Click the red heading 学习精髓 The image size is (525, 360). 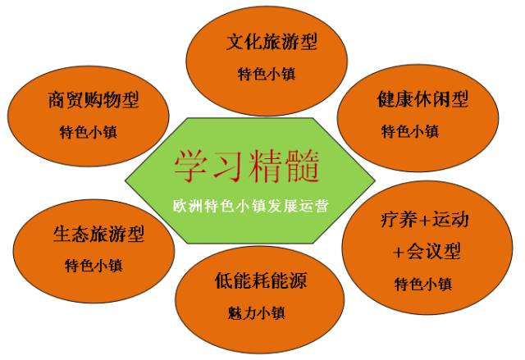tap(246, 166)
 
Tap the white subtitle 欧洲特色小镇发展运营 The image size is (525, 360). tap(251, 206)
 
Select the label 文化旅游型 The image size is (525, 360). tap(272, 42)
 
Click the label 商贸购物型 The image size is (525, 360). tap(94, 100)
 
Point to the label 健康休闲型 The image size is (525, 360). tap(422, 99)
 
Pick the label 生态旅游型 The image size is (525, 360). tap(98, 234)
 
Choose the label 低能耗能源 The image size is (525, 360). tap(261, 280)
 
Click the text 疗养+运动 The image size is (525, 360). tap(425, 220)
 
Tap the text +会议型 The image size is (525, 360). tap(427, 251)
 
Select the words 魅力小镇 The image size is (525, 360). tap(257, 313)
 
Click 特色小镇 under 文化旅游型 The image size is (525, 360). tap(267, 74)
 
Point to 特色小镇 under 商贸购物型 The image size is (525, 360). tap(89, 132)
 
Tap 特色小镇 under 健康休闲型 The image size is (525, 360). tap(410, 131)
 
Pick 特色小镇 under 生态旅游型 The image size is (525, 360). tap(94, 266)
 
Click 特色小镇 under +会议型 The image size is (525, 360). tap(423, 284)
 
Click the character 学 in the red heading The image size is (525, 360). tap(191, 166)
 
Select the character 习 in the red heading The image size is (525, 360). tap(228, 166)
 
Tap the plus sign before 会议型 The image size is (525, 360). tap(399, 252)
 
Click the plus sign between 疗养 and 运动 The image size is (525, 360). tap(424, 221)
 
